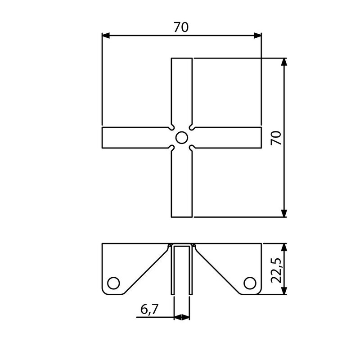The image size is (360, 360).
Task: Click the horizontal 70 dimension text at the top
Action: (x=181, y=27)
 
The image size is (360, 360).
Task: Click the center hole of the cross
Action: (x=181, y=137)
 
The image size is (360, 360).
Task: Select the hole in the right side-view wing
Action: (x=249, y=282)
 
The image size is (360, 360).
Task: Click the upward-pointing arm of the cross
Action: (x=181, y=90)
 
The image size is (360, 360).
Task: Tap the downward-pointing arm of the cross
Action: (x=181, y=184)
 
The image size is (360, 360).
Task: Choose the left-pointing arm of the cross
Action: (x=135, y=137)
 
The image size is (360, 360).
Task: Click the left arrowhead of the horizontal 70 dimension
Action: (x=106, y=35)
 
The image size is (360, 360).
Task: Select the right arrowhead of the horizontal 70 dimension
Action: (x=257, y=35)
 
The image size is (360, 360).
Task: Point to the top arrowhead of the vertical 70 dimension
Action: (x=284, y=62)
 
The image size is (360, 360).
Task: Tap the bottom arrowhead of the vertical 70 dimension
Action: (x=284, y=213)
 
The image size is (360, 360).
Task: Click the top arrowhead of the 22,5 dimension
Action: (x=284, y=247)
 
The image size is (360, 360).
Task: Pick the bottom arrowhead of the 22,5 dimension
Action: (x=284, y=292)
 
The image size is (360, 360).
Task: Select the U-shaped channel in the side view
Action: (x=181, y=270)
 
